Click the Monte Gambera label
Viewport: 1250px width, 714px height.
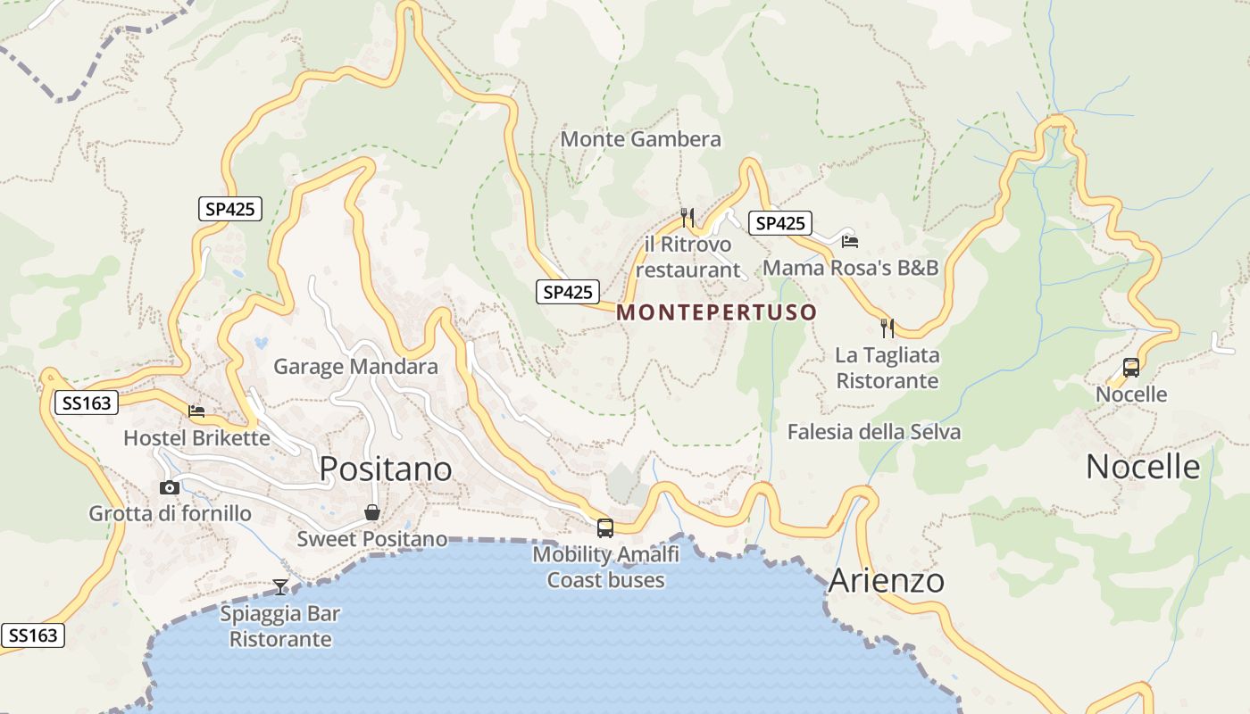click(640, 139)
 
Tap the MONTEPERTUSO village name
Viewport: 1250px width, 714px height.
click(716, 312)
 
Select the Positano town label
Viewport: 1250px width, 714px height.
click(386, 469)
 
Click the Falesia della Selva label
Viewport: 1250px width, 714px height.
click(874, 433)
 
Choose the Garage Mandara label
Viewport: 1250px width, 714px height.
click(355, 367)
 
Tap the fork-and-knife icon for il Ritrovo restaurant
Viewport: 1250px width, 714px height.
click(687, 217)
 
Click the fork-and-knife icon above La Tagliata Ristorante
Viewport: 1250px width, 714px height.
click(887, 328)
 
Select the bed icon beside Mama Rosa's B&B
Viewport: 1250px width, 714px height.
click(849, 241)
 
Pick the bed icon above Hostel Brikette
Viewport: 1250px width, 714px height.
click(196, 411)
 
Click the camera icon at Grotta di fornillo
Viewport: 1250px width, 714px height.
click(169, 487)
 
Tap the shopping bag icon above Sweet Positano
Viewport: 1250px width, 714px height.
click(372, 512)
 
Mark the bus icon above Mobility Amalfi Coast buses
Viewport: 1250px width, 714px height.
click(605, 527)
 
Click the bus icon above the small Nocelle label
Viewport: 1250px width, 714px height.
click(1130, 367)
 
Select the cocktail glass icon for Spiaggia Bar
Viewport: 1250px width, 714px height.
click(280, 586)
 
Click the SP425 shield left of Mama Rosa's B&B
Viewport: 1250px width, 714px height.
click(780, 223)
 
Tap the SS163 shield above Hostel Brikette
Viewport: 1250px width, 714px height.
click(87, 403)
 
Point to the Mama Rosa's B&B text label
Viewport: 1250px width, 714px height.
click(851, 268)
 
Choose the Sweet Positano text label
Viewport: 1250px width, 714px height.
click(371, 539)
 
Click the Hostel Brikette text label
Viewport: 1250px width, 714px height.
click(196, 438)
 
